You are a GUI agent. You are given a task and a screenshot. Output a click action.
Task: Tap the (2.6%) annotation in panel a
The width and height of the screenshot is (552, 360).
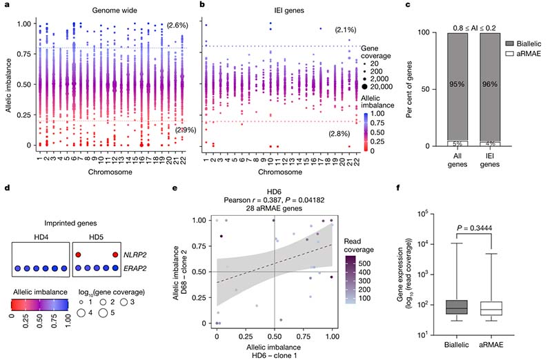point(177,26)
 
